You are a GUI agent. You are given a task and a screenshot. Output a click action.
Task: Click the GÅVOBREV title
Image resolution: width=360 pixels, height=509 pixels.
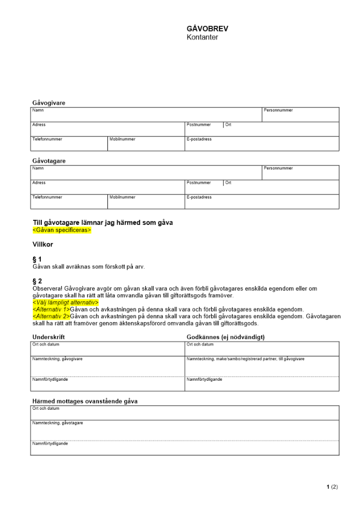point(207,29)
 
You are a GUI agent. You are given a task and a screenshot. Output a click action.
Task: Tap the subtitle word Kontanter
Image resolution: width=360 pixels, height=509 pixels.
point(202,37)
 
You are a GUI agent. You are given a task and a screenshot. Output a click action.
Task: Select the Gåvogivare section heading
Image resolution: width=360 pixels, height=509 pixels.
point(49,103)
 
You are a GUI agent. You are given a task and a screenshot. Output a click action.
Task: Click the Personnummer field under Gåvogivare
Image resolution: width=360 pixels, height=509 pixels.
point(300,115)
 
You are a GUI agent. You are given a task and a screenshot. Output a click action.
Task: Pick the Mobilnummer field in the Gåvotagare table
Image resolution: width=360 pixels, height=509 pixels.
point(146,202)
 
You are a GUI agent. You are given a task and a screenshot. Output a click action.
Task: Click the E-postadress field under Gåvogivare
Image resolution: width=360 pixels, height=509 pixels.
point(262,144)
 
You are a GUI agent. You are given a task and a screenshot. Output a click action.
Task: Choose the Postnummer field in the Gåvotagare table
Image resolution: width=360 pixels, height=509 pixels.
point(204,187)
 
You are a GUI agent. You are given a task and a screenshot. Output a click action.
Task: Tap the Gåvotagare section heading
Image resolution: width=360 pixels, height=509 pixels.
point(49,161)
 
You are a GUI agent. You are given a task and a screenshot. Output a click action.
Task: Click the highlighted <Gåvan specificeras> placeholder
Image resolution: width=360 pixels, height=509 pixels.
point(62,230)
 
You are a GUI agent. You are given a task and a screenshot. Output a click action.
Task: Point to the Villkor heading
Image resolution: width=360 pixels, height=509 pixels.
point(43,244)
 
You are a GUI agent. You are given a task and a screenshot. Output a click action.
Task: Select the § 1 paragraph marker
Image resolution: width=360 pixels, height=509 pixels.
point(37,259)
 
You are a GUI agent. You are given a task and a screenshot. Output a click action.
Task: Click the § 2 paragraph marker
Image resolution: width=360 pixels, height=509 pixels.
point(37,281)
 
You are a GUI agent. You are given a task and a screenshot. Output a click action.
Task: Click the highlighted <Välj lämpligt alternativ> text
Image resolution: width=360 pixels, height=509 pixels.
point(65,302)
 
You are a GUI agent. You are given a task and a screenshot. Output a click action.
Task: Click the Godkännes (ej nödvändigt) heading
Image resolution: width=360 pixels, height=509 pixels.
point(226,337)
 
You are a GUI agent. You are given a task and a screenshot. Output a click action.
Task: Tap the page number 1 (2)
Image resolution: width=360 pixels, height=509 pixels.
point(332,487)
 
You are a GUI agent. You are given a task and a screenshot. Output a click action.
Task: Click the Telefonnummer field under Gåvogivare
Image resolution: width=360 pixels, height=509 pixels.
point(69,144)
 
